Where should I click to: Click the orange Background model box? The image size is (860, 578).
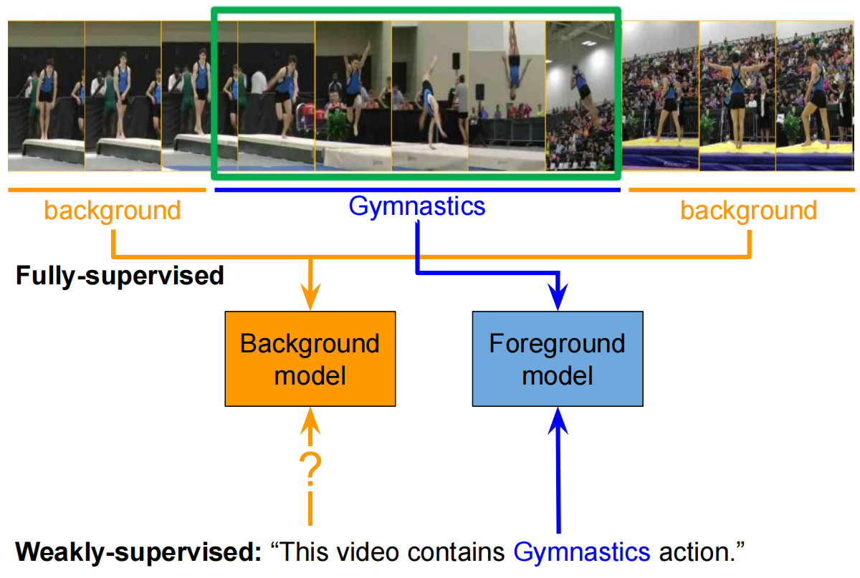(x=310, y=359)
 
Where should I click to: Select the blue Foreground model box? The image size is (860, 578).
(x=557, y=359)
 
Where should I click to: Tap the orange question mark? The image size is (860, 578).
(x=310, y=468)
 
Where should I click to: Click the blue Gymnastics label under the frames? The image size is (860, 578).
(x=416, y=206)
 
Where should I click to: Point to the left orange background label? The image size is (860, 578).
(x=113, y=211)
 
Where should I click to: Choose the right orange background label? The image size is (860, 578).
(x=748, y=211)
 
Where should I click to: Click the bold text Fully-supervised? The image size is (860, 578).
(x=120, y=276)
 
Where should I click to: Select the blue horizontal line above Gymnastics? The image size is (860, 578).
(x=416, y=190)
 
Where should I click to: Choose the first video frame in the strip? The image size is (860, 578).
(x=46, y=95)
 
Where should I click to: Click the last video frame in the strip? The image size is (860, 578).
(x=815, y=95)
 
